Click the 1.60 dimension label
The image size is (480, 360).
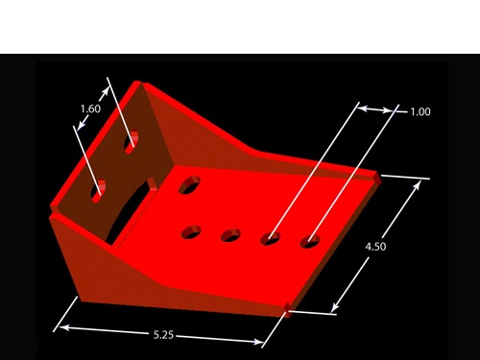click(x=90, y=108)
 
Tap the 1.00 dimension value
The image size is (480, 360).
click(x=420, y=111)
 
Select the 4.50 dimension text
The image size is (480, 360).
click(x=375, y=247)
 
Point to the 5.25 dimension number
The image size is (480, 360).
click(x=163, y=335)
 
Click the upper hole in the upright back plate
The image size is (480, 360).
click(x=132, y=142)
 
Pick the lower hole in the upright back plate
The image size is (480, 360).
click(x=99, y=191)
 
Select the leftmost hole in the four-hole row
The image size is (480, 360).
click(x=191, y=232)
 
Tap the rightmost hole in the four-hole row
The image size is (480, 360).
click(x=310, y=241)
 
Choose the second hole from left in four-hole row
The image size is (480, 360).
click(x=230, y=235)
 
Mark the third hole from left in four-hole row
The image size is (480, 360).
click(x=271, y=238)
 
